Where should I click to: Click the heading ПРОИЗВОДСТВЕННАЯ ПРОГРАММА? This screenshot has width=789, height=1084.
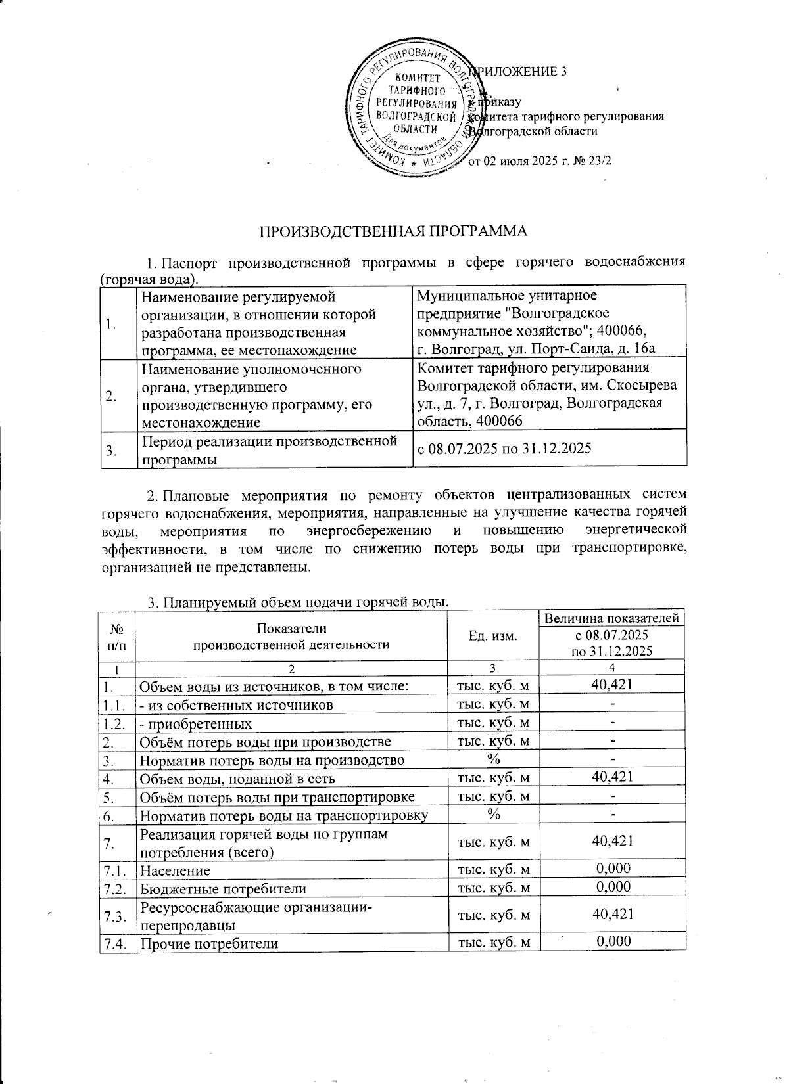(x=393, y=232)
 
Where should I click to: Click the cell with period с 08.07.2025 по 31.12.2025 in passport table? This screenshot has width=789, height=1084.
(x=505, y=449)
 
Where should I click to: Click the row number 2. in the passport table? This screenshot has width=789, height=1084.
(x=112, y=395)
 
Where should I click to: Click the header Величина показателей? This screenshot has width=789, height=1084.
(x=611, y=618)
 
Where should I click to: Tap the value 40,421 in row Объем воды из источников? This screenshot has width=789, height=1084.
(x=612, y=685)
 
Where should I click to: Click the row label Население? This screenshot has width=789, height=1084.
(x=175, y=870)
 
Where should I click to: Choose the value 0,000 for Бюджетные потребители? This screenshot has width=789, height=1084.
(x=612, y=888)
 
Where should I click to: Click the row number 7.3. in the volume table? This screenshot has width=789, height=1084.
(x=115, y=916)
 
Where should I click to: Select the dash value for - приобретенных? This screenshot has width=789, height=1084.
(x=612, y=723)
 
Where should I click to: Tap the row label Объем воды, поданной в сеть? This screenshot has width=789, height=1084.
(x=237, y=779)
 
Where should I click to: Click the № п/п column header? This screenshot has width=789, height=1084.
(x=116, y=635)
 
